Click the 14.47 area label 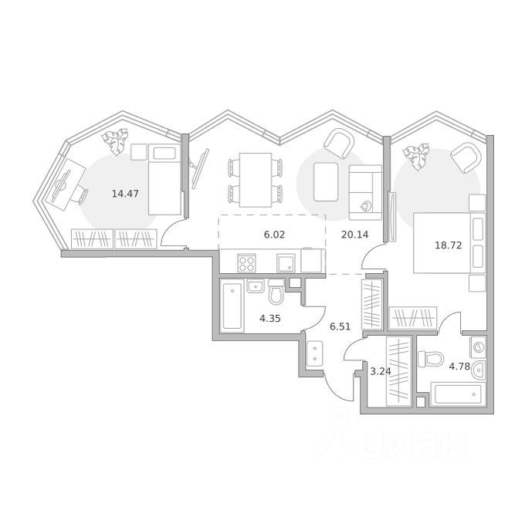click(x=125, y=194)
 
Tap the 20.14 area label click(x=354, y=235)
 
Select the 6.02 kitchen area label click(x=274, y=235)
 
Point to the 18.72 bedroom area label click(x=448, y=245)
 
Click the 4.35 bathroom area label click(x=270, y=318)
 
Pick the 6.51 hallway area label click(x=340, y=326)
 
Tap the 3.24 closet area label click(x=381, y=371)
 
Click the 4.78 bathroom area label click(x=459, y=367)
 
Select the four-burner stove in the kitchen click(x=246, y=262)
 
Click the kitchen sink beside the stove click(x=286, y=262)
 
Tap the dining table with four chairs click(x=256, y=180)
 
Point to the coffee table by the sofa click(x=326, y=181)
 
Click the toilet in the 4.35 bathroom click(x=276, y=292)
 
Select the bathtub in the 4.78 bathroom click(x=458, y=394)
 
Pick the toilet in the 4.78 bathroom click(x=431, y=358)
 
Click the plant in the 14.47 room click(x=116, y=141)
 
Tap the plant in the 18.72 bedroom click(x=417, y=157)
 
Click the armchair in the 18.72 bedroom click(x=466, y=157)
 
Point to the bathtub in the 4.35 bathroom click(x=232, y=306)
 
